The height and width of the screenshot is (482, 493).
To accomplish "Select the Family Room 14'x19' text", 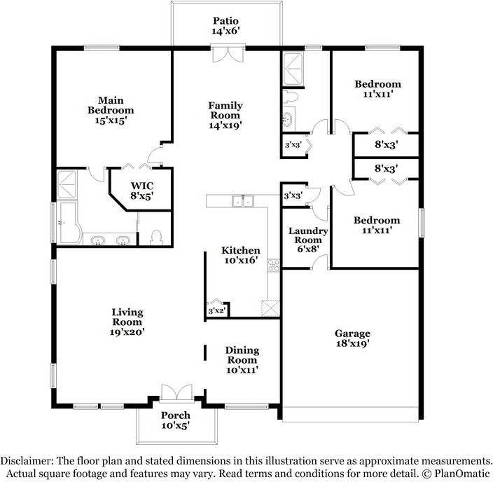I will click(x=225, y=115).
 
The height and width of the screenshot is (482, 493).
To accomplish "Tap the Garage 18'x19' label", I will click(x=352, y=338).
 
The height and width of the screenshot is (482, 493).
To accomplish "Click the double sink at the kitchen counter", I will click(x=244, y=201).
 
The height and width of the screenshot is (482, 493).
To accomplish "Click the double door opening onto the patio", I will click(x=228, y=54).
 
